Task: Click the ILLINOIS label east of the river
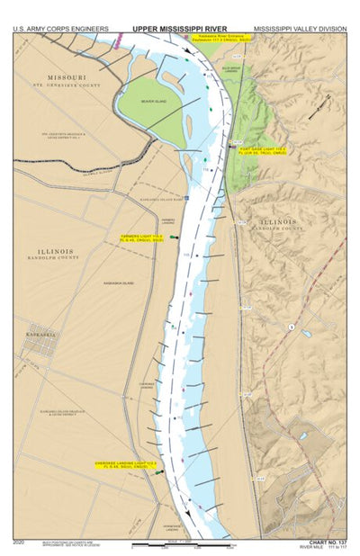pos(279,220)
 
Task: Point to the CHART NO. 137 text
pos(327,543)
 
